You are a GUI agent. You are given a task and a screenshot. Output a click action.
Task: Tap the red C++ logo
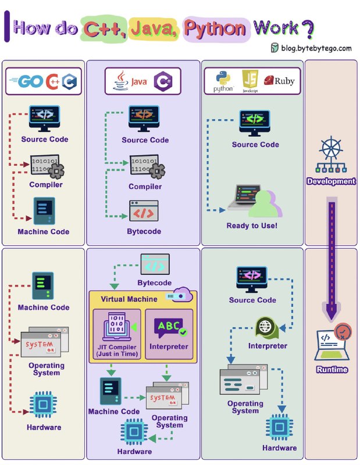53,81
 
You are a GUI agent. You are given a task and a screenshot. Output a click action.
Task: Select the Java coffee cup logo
120,80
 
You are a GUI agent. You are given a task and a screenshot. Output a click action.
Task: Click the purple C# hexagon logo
163,81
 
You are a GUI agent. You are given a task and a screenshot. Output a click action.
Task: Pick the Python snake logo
223,78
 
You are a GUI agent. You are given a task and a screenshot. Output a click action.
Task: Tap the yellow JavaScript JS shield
250,79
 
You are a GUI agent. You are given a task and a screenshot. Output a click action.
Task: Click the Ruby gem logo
269,80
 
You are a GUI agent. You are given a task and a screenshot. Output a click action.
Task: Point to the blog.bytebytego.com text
316,48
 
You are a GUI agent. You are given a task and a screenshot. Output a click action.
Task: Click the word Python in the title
215,28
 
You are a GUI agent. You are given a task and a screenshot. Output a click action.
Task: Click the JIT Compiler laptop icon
117,327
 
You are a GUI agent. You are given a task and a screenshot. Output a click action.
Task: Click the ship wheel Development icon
331,155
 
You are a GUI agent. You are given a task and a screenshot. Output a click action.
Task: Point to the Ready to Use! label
252,226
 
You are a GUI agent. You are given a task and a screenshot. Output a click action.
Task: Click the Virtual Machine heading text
129,299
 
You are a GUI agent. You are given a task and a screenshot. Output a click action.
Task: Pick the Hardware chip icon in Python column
279,427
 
